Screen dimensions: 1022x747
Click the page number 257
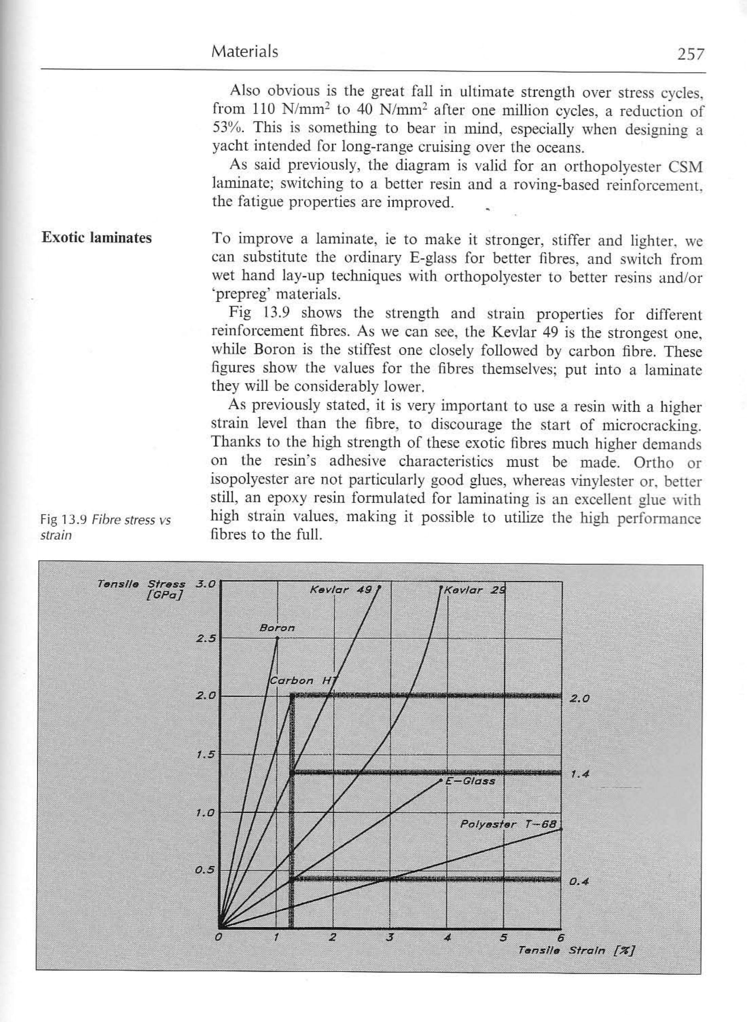[690, 54]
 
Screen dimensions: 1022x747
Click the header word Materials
[245, 52]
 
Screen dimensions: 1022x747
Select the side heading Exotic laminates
[96, 238]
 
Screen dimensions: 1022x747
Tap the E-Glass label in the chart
[470, 781]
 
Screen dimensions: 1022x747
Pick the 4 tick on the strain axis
[447, 938]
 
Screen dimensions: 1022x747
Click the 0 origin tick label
[218, 938]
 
